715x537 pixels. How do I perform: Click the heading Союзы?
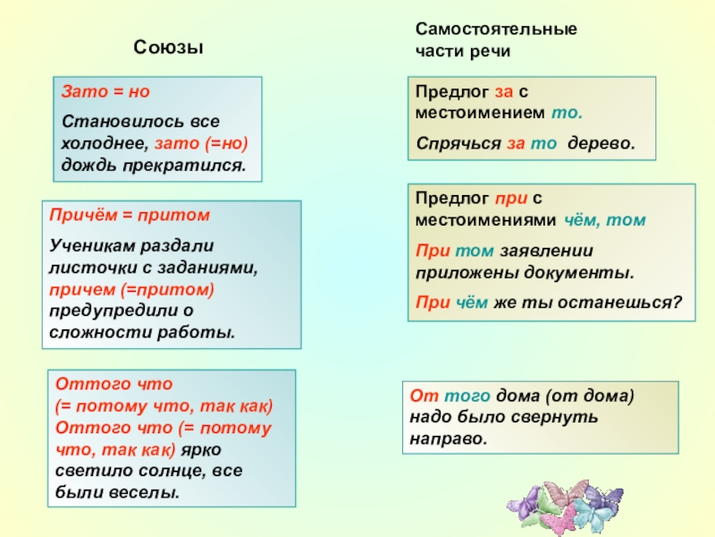169,47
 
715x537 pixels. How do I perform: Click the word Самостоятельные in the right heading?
496,29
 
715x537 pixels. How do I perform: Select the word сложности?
89,332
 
